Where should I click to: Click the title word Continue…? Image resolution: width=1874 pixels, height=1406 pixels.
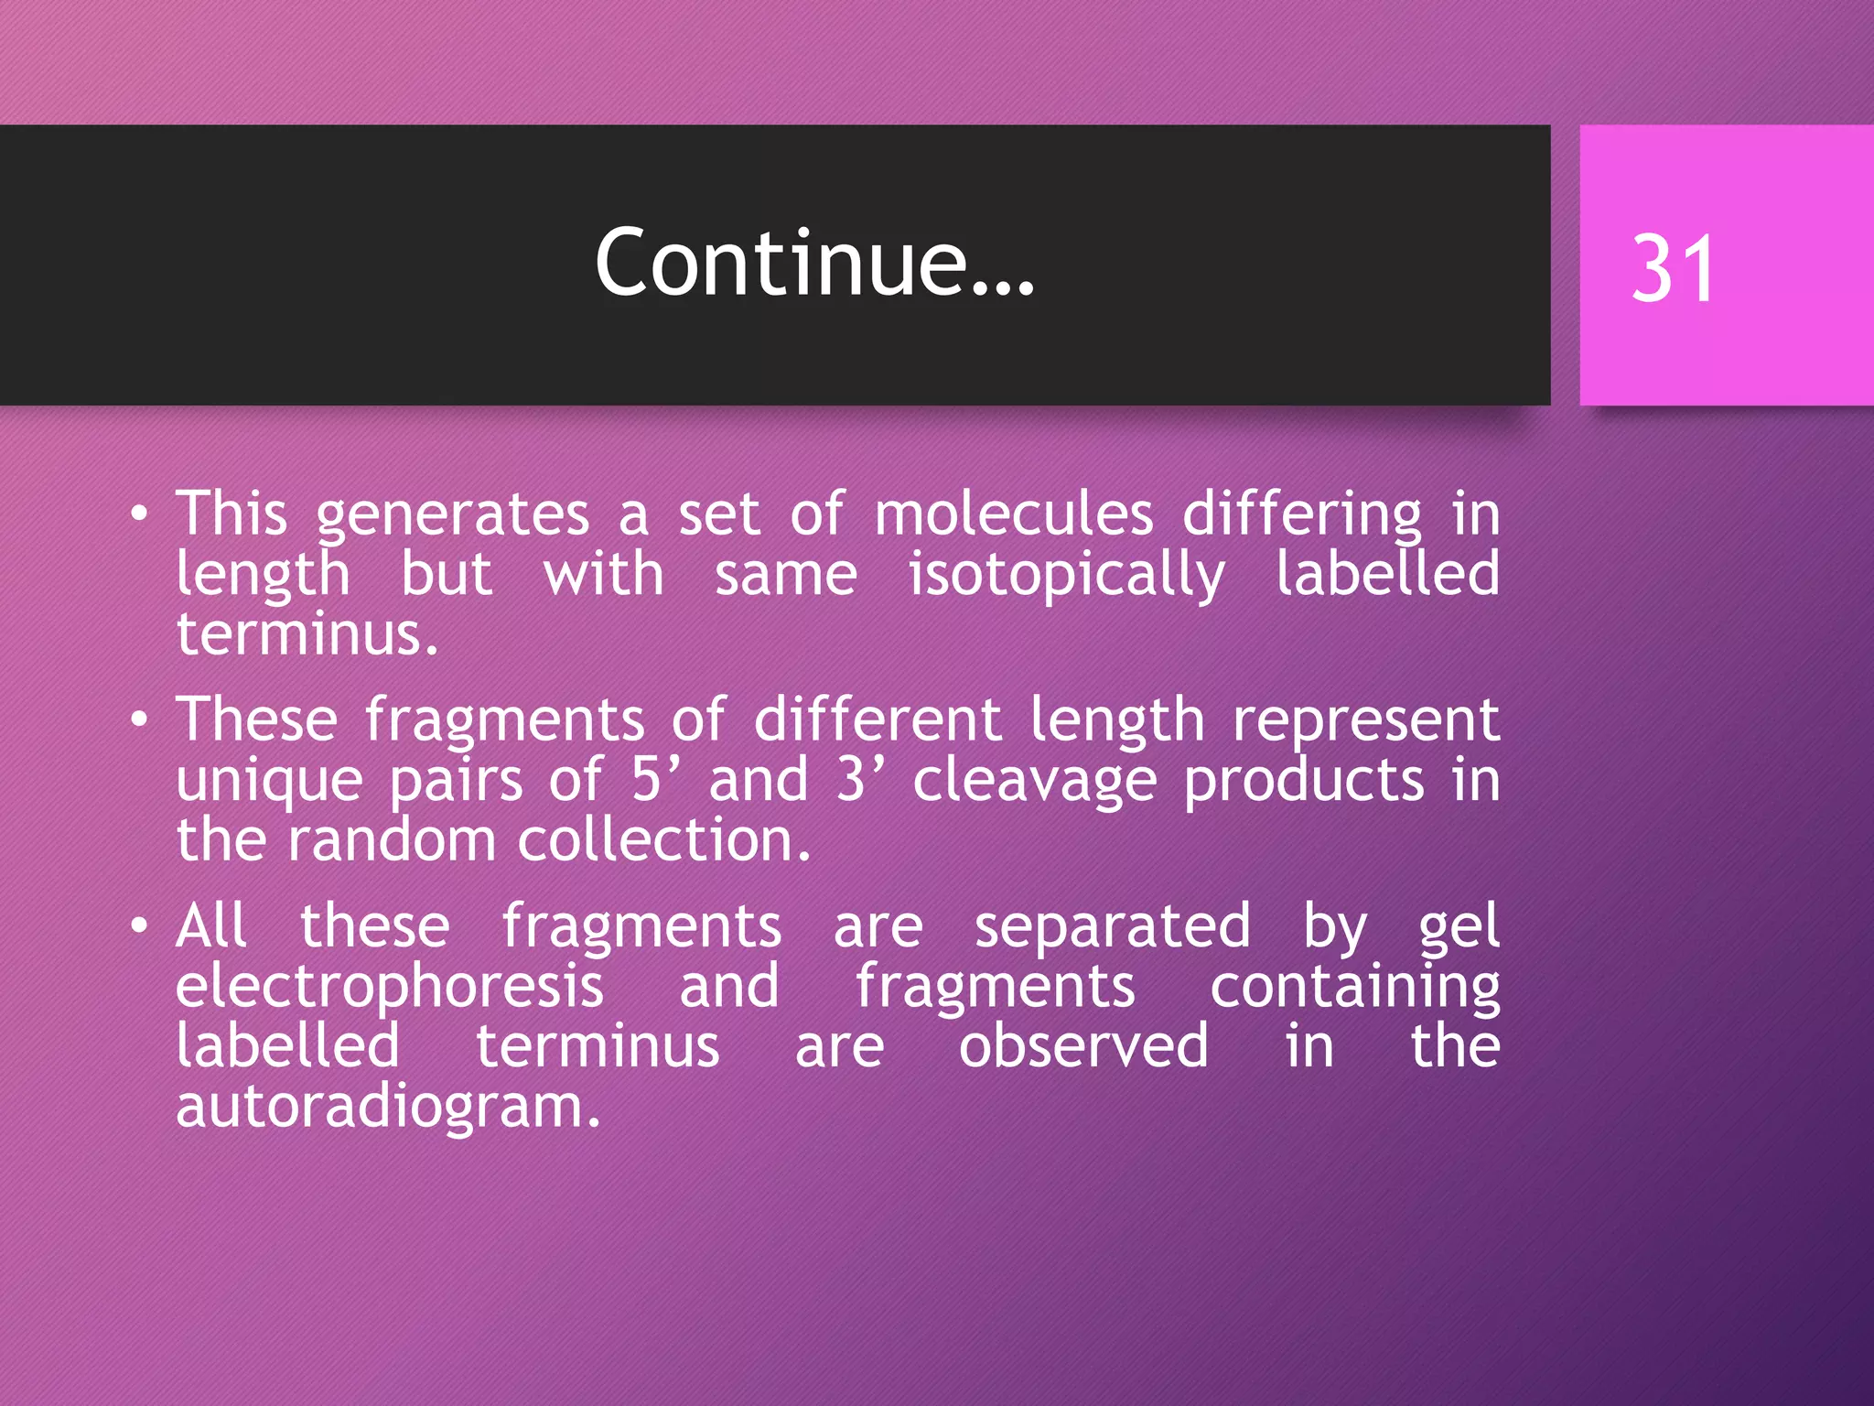pyautogui.click(x=814, y=264)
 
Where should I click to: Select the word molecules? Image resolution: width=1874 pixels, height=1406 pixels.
pyautogui.click(x=1014, y=514)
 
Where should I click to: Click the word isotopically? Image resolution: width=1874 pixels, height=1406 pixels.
pyautogui.click(x=1066, y=576)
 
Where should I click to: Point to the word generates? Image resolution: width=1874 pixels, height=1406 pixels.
pyautogui.click(x=453, y=515)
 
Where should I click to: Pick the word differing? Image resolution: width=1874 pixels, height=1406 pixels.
pyautogui.click(x=1302, y=514)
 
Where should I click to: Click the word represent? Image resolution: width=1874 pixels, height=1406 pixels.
pyautogui.click(x=1365, y=720)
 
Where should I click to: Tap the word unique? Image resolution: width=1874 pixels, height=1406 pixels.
pyautogui.click(x=270, y=781)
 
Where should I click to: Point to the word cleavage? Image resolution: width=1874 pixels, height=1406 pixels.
pyautogui.click(x=1035, y=781)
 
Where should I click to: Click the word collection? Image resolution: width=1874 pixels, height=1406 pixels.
pyautogui.click(x=663, y=839)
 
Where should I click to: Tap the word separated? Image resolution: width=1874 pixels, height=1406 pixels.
pyautogui.click(x=1112, y=925)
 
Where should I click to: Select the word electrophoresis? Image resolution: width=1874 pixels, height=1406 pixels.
pyautogui.click(x=390, y=987)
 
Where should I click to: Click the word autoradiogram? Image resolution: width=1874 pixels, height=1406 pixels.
pyautogui.click(x=388, y=1107)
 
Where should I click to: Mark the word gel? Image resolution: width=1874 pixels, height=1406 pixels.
pyautogui.click(x=1459, y=927)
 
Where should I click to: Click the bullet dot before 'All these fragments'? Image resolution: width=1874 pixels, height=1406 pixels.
pyautogui.click(x=138, y=926)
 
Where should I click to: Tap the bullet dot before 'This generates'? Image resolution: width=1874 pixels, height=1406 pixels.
pyautogui.click(x=138, y=514)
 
